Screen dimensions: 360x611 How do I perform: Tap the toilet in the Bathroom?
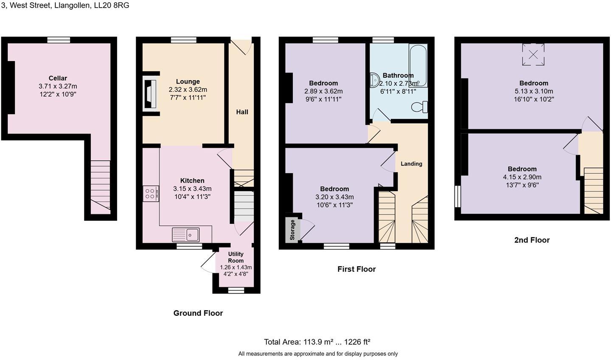419,107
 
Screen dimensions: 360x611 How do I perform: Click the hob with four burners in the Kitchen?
151,194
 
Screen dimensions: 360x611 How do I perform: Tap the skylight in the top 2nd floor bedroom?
533,54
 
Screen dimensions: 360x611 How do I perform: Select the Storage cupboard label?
292,230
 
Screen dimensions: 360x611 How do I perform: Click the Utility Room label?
236,257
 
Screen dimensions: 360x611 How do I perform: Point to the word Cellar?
58,78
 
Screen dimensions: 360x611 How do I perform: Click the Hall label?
242,112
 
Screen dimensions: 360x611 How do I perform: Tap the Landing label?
411,164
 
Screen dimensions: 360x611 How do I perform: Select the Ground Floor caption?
198,313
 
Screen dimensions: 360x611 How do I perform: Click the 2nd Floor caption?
532,240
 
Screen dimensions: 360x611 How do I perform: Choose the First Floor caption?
356,269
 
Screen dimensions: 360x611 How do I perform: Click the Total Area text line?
317,342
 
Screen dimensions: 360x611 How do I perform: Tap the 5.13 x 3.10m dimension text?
534,91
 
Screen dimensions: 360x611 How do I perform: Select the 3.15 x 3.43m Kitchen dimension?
192,189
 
